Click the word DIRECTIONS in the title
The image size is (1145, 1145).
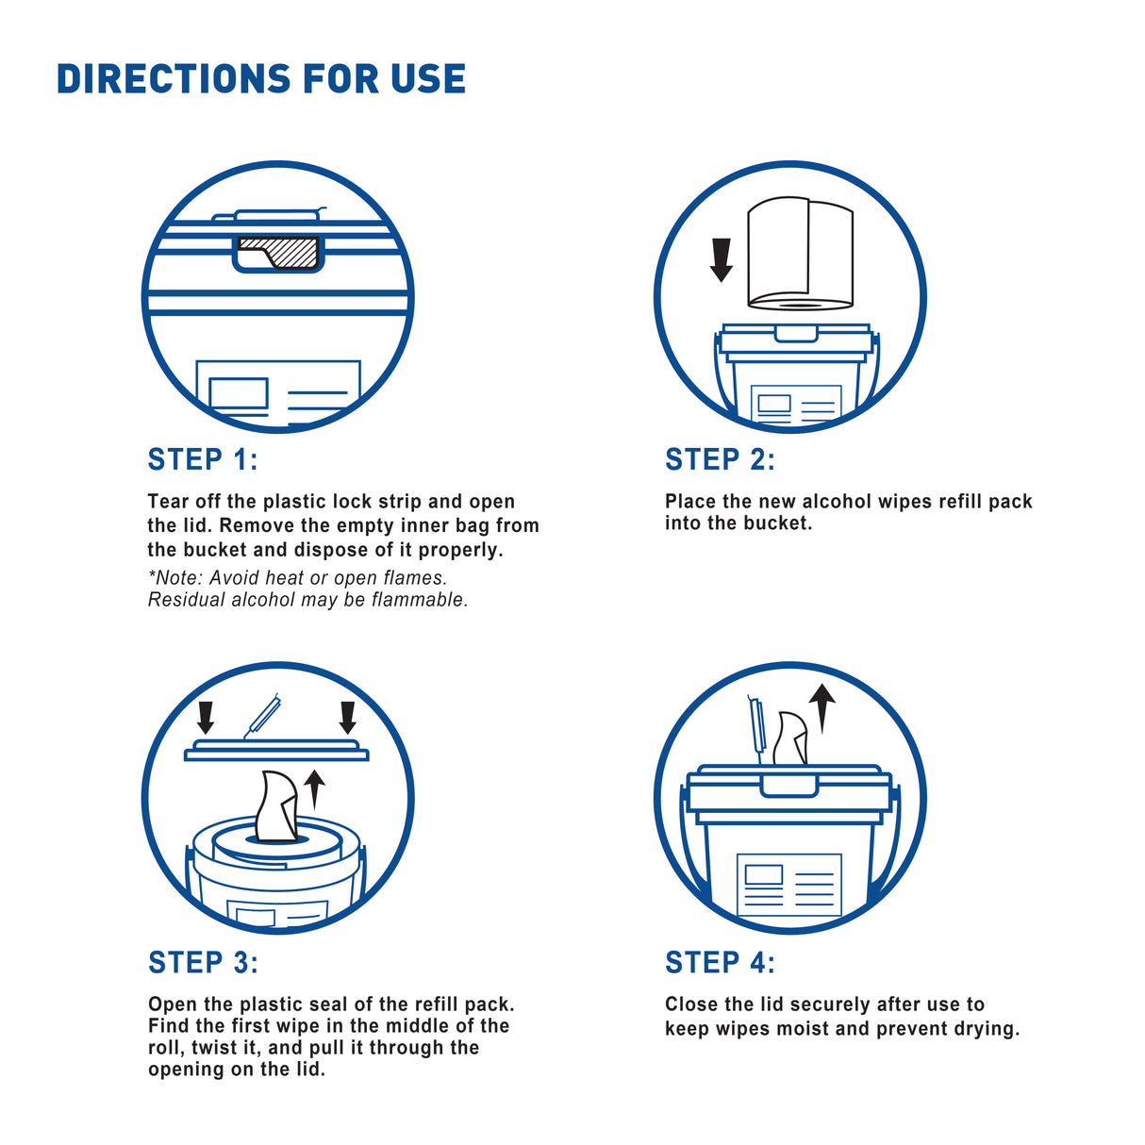[x=174, y=79]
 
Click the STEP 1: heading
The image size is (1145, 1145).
[x=203, y=459]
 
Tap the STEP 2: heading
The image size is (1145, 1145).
[x=721, y=459]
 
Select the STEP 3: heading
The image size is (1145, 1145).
[x=203, y=962]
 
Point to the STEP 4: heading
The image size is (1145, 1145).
[x=721, y=962]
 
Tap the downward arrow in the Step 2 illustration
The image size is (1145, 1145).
[x=721, y=259]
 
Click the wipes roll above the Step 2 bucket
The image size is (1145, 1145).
[x=800, y=254]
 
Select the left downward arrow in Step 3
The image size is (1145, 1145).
[x=206, y=718]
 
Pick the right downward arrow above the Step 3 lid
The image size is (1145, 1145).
[x=348, y=718]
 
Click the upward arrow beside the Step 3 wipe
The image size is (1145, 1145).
[x=314, y=789]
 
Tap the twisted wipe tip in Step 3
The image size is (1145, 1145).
[x=276, y=806]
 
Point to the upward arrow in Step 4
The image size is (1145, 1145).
[x=822, y=707]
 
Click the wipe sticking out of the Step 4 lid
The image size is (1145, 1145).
[x=791, y=738]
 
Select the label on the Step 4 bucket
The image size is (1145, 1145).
[x=789, y=885]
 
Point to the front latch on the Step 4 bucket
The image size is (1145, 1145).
[x=788, y=786]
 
